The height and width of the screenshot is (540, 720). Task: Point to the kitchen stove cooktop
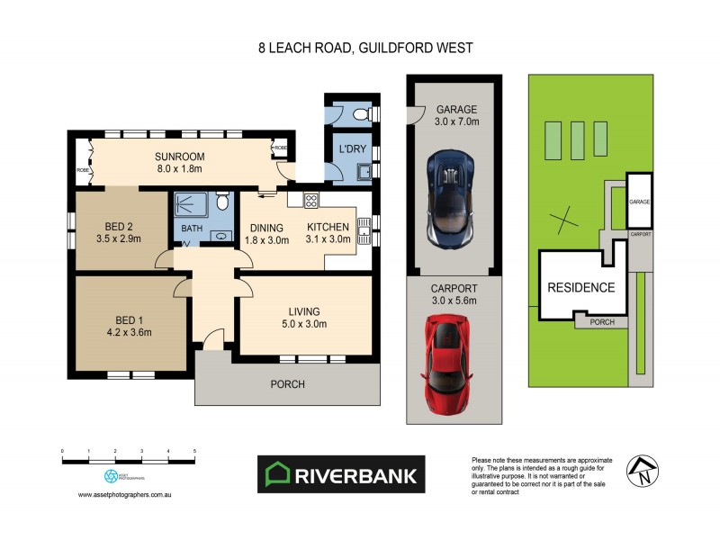(x=311, y=202)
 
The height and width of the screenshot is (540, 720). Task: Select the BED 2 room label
(x=121, y=226)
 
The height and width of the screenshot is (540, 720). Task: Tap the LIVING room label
(x=301, y=311)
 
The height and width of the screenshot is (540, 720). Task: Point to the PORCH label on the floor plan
(x=289, y=384)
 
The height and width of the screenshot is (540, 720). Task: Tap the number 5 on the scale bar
(x=194, y=450)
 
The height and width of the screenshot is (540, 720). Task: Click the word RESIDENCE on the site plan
(x=581, y=288)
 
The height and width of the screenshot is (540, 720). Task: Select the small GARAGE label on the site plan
(x=639, y=202)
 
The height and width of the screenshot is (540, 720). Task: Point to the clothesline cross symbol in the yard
(x=565, y=217)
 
